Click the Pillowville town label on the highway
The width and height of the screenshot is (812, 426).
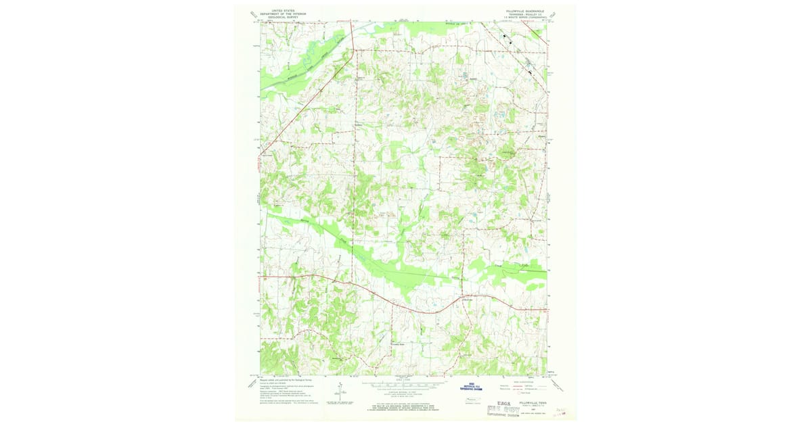[470, 298]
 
